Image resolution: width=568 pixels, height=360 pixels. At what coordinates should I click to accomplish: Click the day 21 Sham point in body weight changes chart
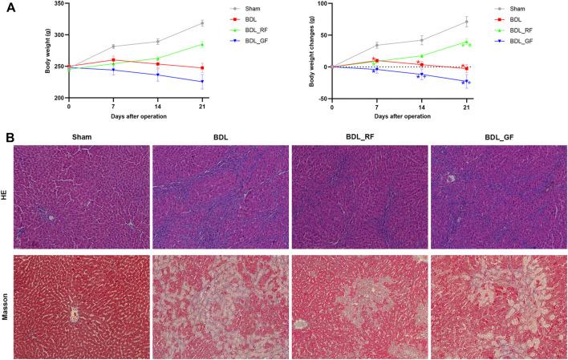(x=466, y=22)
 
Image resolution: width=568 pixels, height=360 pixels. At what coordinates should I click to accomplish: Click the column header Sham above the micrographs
(x=81, y=137)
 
